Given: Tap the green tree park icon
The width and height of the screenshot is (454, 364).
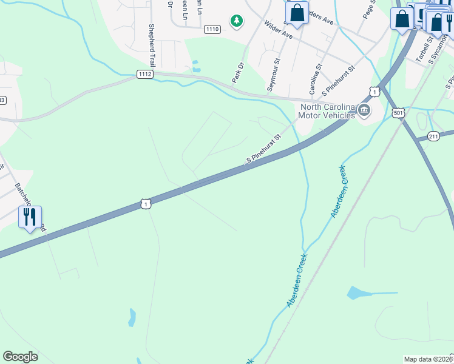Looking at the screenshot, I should [x=236, y=21].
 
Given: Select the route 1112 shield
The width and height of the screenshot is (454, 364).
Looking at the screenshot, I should [x=144, y=74].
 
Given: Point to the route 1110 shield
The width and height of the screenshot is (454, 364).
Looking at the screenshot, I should [x=212, y=29].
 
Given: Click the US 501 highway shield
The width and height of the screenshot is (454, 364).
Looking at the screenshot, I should [x=398, y=113].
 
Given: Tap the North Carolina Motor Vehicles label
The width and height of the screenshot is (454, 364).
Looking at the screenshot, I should [x=327, y=111].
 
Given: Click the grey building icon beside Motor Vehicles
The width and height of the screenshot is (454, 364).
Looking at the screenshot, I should [x=364, y=110].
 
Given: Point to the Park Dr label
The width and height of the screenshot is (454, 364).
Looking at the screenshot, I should [x=237, y=72].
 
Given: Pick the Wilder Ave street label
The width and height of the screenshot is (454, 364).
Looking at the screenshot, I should [x=278, y=31].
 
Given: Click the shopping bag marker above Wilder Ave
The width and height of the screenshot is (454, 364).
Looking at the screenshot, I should [x=297, y=13].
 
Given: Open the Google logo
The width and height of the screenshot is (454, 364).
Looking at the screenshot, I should [x=20, y=357].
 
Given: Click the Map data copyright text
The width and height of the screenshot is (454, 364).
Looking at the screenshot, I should [x=428, y=359].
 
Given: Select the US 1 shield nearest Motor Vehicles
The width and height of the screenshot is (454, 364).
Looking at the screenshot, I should [x=374, y=92].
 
